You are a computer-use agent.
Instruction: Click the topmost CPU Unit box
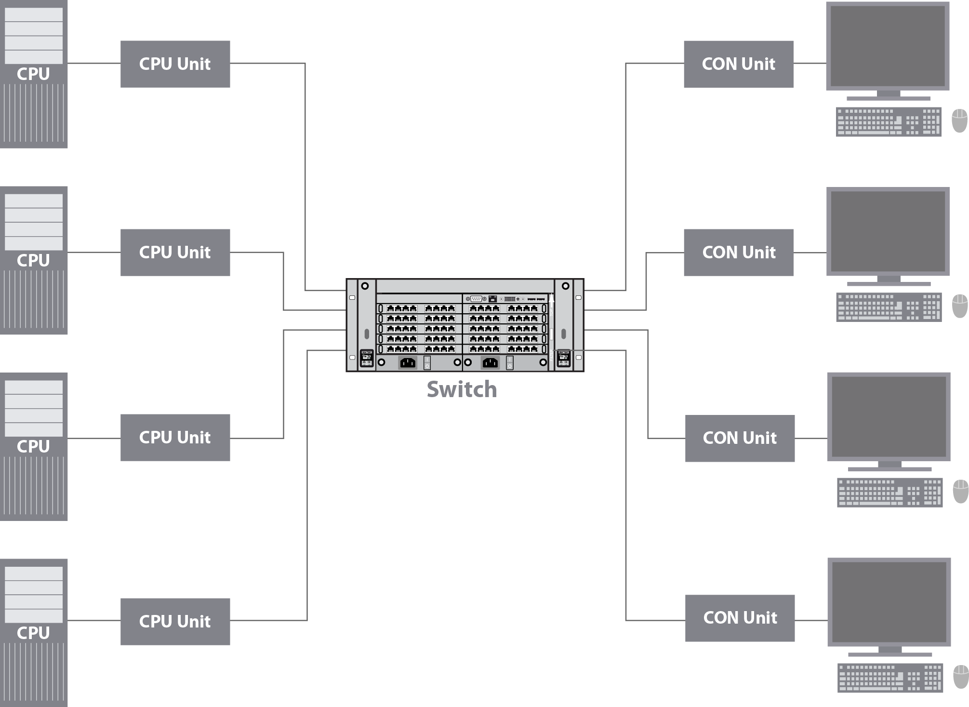click(175, 64)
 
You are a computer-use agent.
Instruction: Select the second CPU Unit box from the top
click(175, 253)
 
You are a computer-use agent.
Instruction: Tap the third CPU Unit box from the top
click(175, 438)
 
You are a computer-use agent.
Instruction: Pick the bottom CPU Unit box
click(175, 622)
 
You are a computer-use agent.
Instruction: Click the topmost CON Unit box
click(738, 64)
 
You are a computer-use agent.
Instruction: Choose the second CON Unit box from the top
click(738, 253)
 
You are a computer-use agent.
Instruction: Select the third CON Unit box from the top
click(740, 438)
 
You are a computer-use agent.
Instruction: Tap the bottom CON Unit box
click(740, 618)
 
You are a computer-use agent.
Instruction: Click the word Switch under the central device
click(462, 389)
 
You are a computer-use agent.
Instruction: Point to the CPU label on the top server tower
click(33, 74)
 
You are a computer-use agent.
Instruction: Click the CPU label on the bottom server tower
click(33, 633)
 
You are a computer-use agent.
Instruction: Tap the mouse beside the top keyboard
click(959, 120)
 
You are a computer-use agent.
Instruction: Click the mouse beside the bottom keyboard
click(961, 677)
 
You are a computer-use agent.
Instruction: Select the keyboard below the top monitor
click(888, 121)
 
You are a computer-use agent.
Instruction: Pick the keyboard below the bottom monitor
click(889, 678)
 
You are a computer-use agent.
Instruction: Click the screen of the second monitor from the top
click(888, 231)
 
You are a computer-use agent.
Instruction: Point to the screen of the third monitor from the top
click(889, 416)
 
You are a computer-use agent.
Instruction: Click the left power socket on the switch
click(408, 362)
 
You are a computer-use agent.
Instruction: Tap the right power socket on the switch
click(490, 362)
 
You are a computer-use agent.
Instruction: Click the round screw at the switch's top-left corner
click(365, 286)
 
